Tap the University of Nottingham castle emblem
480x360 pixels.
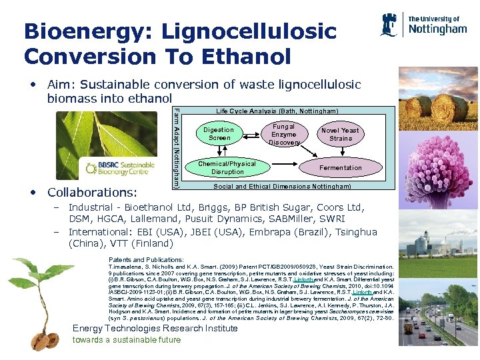[390, 25]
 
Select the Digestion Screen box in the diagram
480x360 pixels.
[219, 134]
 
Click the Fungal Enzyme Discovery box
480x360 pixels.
[284, 134]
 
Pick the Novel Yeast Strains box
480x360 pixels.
[340, 134]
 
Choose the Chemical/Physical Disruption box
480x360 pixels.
[227, 167]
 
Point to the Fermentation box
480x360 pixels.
[340, 168]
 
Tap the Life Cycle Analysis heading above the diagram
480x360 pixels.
[277, 111]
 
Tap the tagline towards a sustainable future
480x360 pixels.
[127, 340]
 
